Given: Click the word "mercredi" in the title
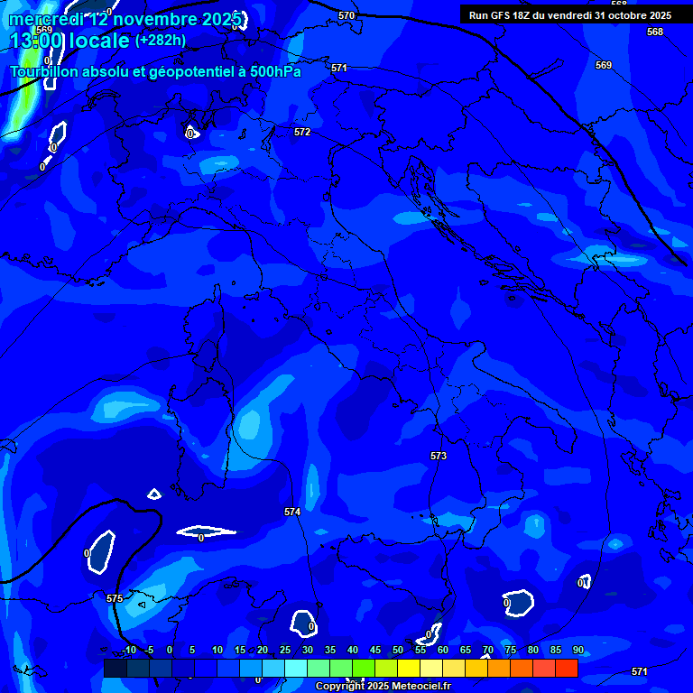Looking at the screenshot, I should (x=44, y=19).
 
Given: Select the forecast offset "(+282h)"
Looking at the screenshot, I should (x=161, y=41).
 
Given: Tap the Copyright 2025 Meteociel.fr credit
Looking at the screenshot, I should (x=383, y=686).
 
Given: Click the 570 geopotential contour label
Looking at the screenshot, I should (x=346, y=15).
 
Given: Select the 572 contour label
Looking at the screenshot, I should (x=302, y=132).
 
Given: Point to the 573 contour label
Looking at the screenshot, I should (x=439, y=456).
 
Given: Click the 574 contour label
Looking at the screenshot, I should (x=292, y=512).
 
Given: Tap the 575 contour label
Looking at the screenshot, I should (x=115, y=598).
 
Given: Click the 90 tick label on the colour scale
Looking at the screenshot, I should (x=577, y=650).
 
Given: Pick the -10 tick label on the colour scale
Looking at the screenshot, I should (x=129, y=650).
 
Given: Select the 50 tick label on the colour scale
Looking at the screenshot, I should (x=398, y=650).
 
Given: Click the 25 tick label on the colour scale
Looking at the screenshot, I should (x=284, y=650).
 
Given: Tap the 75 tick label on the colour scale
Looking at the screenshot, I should (x=511, y=650).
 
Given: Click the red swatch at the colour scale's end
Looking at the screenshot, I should (x=566, y=668).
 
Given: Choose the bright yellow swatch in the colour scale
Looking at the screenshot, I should (x=408, y=668).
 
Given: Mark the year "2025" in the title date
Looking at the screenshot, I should (x=221, y=19).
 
